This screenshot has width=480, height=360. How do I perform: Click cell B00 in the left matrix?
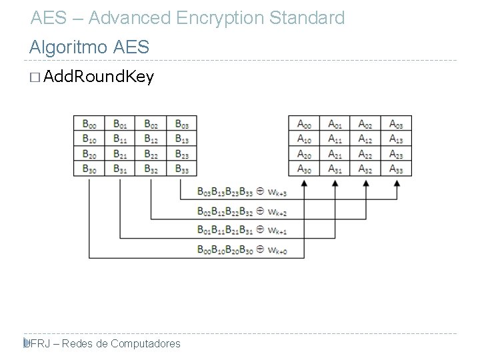click(89, 123)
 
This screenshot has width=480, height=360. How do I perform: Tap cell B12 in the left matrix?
click(150, 139)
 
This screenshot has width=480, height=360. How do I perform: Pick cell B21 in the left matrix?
click(119, 153)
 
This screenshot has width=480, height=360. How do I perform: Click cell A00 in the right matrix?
click(304, 123)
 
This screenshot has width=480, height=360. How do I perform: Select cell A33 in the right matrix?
click(396, 169)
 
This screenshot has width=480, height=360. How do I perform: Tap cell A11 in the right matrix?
click(335, 139)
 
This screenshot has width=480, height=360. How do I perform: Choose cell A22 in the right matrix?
click(365, 153)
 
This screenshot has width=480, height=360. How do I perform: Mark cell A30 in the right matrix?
click(304, 169)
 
